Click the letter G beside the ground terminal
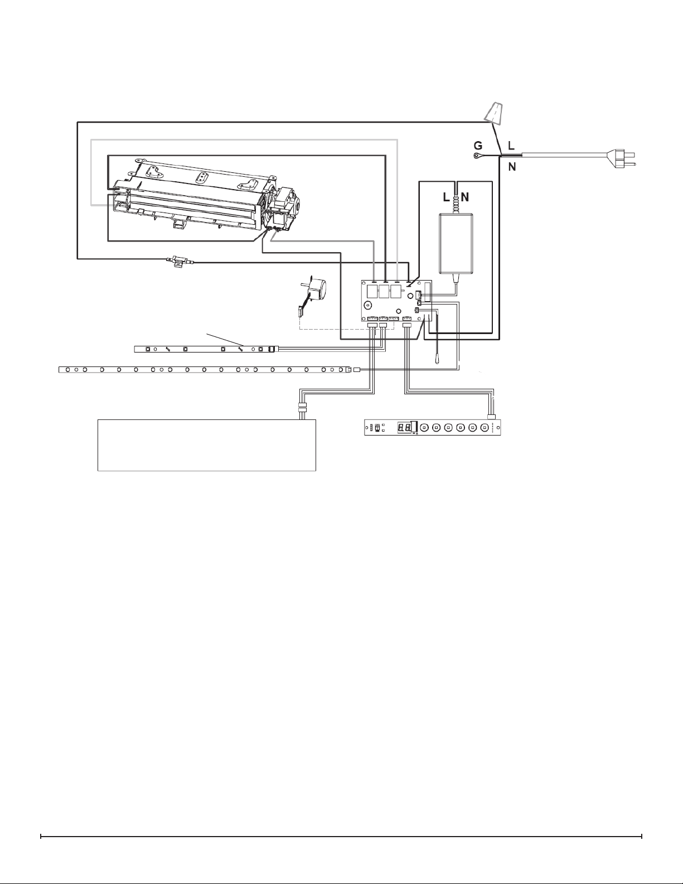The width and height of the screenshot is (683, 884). click(478, 146)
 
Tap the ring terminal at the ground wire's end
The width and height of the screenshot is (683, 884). click(476, 156)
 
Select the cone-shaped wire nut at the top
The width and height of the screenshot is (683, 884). click(493, 112)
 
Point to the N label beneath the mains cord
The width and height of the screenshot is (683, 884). click(512, 166)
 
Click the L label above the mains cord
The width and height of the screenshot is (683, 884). click(511, 146)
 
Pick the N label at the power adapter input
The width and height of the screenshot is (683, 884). click(466, 197)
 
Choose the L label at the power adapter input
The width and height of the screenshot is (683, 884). click(447, 197)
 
